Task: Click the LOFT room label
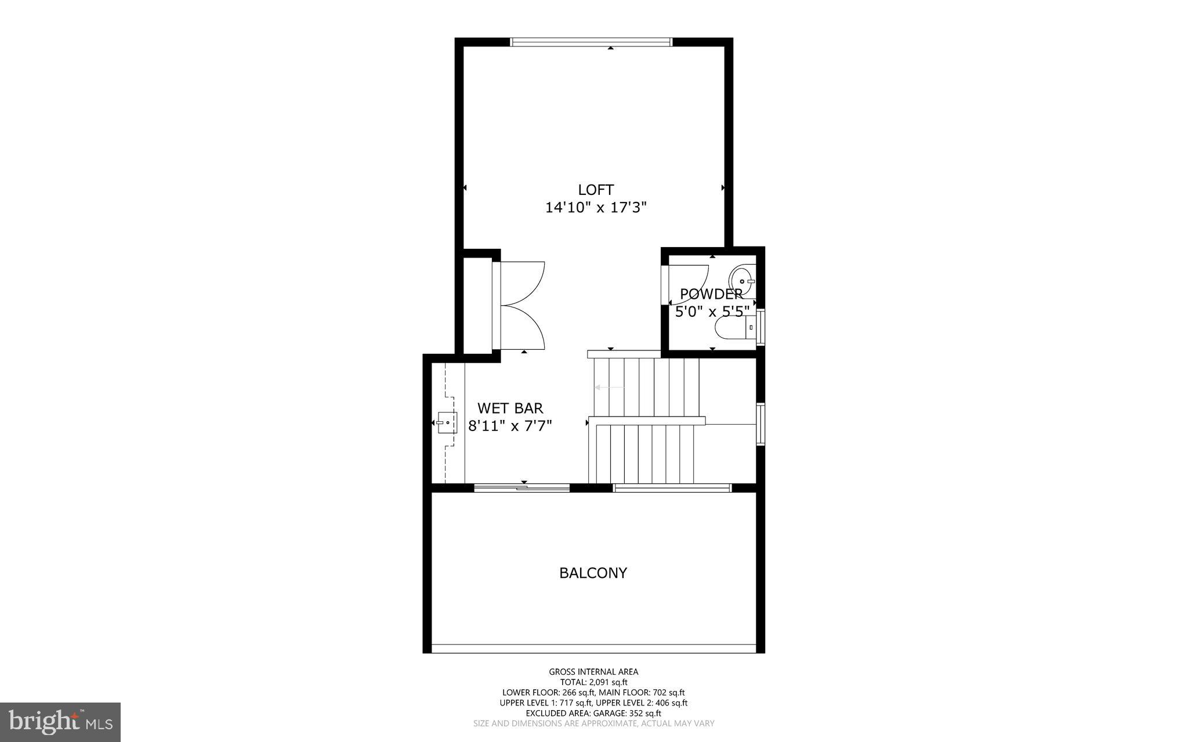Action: point(596,190)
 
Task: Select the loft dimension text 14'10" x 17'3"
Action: point(596,208)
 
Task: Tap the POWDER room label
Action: point(711,294)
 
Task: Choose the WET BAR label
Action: point(510,408)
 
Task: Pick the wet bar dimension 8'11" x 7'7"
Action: point(510,426)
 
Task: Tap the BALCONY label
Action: point(593,573)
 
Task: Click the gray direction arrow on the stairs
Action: point(609,388)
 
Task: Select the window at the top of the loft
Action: point(591,42)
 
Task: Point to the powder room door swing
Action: point(689,284)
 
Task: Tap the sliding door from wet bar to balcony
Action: point(522,488)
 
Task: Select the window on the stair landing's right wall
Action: point(760,424)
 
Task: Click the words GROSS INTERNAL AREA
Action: point(593,672)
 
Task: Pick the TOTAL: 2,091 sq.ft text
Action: point(593,682)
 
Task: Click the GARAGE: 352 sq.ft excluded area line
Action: point(593,713)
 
